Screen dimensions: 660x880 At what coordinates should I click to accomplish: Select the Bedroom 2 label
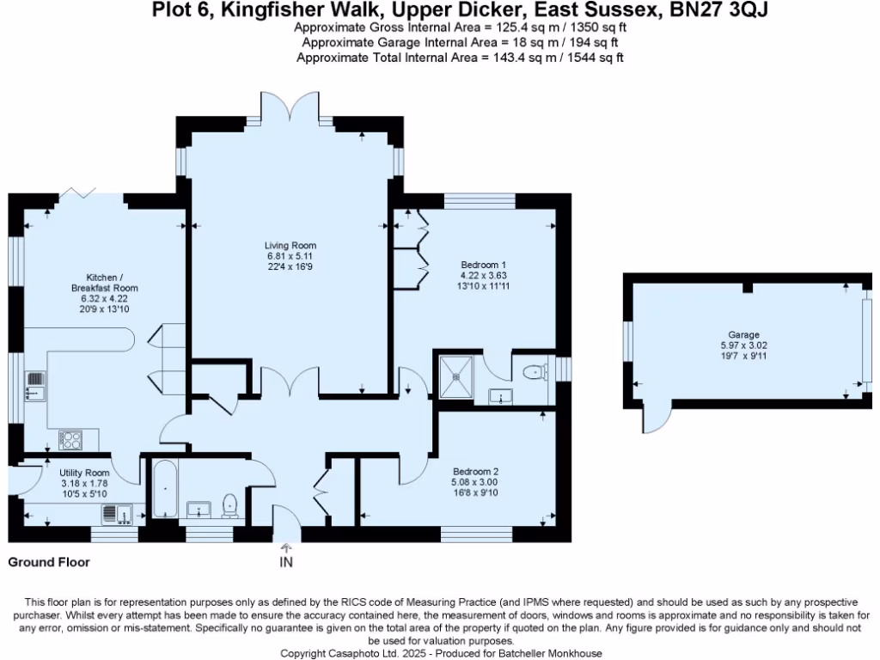475,471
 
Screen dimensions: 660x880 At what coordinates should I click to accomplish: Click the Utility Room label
84,473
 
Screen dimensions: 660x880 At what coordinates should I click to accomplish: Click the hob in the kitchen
70,439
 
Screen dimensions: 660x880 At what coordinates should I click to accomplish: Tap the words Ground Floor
48,563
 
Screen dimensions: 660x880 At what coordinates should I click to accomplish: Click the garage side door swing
655,419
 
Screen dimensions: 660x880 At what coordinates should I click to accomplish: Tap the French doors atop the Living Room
290,110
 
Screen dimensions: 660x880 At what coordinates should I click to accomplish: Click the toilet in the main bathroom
229,505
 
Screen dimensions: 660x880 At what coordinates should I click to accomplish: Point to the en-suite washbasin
499,395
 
